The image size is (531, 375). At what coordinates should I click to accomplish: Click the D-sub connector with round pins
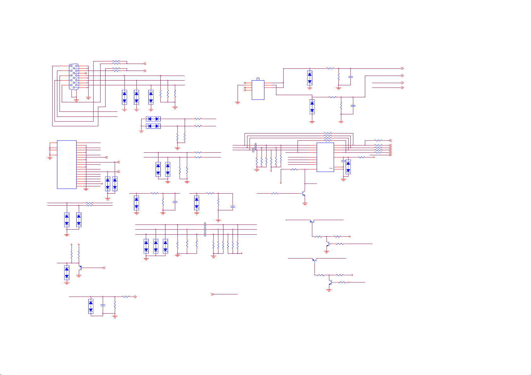tap(74, 77)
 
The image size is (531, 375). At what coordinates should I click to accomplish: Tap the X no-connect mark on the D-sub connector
tap(86, 73)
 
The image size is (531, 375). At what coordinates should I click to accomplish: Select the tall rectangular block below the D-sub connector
tap(67, 164)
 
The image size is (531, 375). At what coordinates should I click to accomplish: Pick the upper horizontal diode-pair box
tap(153, 119)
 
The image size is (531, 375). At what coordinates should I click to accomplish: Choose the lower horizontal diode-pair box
tap(153, 126)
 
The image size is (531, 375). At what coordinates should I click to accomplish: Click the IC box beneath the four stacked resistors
tap(325, 157)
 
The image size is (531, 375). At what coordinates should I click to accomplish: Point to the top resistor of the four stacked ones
tap(328, 134)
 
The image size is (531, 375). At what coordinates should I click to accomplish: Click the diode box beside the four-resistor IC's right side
tap(348, 167)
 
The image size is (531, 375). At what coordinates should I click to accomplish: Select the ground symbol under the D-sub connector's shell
tap(76, 100)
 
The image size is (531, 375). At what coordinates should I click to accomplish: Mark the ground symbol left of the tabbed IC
tap(238, 102)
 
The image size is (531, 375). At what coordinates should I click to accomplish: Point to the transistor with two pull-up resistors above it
tap(80, 268)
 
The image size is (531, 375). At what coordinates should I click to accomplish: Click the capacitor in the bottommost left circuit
tap(103, 305)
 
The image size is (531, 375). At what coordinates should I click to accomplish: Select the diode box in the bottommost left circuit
tap(91, 306)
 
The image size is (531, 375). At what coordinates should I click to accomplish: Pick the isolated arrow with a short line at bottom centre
tap(212, 294)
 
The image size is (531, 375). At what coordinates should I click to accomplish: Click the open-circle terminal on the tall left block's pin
tap(102, 184)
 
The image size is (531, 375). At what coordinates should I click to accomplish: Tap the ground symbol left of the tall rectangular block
tap(50, 158)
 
